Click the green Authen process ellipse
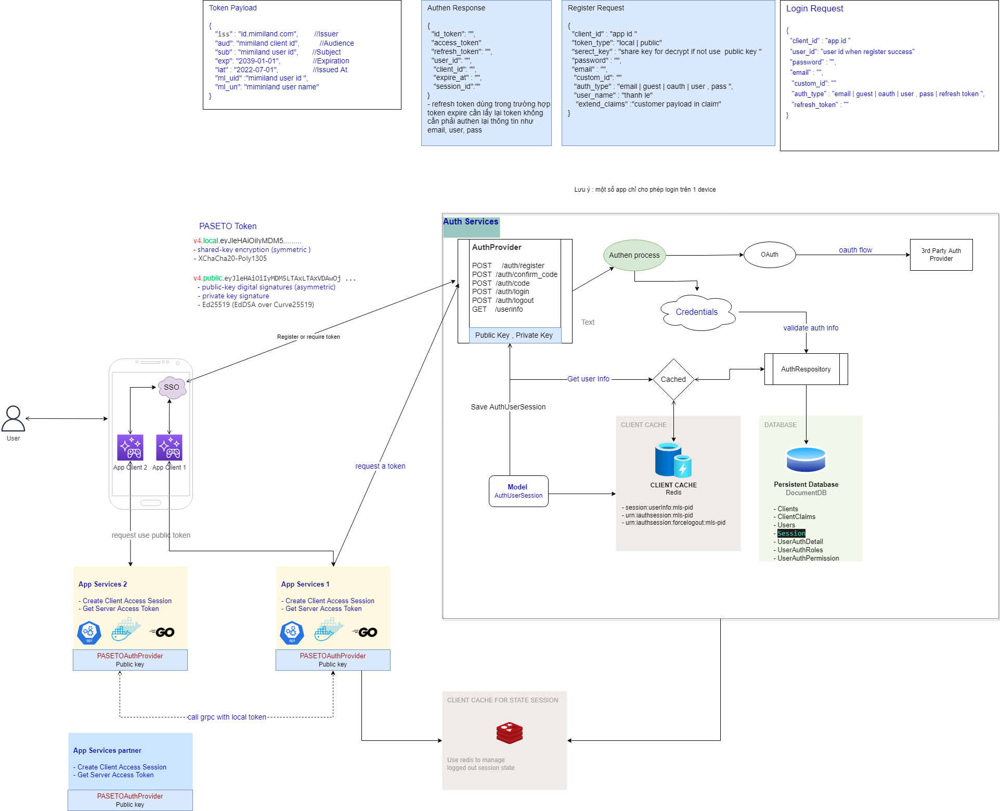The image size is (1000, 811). coord(634,255)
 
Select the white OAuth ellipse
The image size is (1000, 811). coord(770,255)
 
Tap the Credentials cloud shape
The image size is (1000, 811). coord(697,312)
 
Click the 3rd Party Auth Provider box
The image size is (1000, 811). coord(941,255)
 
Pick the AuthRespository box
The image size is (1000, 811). coord(806,369)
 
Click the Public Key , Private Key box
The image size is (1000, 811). coord(514,335)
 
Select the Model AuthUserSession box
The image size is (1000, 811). coord(518,491)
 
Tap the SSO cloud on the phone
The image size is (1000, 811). coord(172,387)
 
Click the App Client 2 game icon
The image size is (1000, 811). coord(130,447)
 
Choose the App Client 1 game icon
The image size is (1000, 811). coord(169,447)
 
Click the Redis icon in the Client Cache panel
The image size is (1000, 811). coord(673,460)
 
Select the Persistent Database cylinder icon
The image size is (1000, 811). coord(806,459)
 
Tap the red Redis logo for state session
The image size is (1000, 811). coord(509,733)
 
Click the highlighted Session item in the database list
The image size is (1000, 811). coord(791,534)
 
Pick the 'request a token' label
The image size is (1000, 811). coord(380,466)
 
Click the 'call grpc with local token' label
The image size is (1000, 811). coord(227,717)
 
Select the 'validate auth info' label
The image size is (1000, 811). coord(811,328)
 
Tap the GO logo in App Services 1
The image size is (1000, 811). coord(365,632)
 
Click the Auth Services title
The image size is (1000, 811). coord(471,222)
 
